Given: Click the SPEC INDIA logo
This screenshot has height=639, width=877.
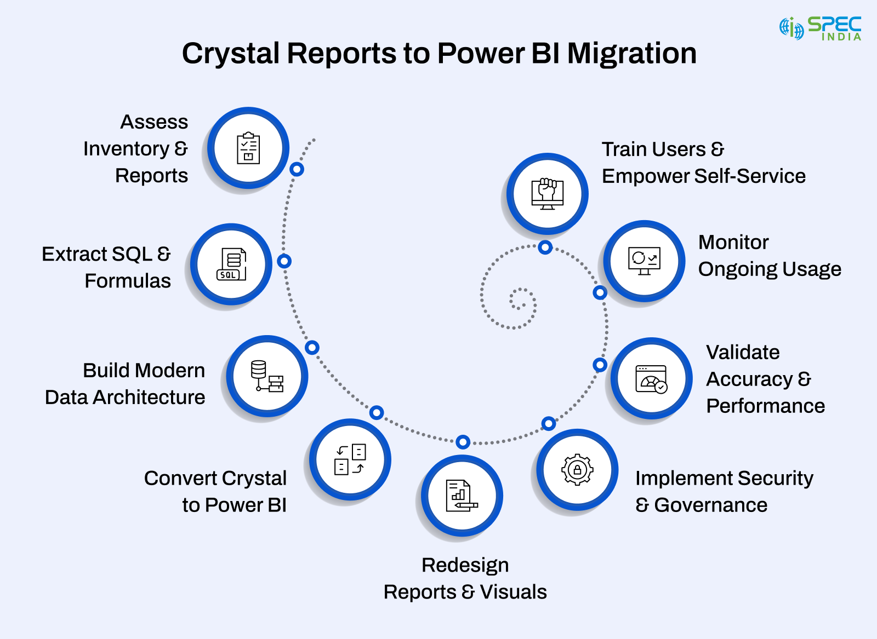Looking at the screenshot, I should (x=821, y=28).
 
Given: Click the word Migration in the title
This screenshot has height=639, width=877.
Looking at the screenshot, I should (x=631, y=54).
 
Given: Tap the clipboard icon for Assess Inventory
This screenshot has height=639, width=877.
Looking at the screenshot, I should (x=248, y=148).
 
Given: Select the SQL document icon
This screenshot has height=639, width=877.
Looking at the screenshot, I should (x=232, y=264).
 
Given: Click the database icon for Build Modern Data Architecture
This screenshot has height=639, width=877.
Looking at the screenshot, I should (x=267, y=376).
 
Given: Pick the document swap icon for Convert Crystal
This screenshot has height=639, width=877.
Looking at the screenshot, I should (x=350, y=459).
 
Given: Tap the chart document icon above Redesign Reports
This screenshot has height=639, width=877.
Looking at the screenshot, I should (x=462, y=496).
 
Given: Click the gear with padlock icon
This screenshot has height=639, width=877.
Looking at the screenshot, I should (x=577, y=470).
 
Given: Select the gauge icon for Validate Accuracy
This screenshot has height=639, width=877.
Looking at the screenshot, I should (x=651, y=379).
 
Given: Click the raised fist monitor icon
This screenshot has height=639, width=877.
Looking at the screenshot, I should (x=547, y=194).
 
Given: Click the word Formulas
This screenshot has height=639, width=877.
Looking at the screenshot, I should (x=128, y=281).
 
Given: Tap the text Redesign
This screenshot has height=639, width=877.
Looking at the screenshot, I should (x=465, y=565).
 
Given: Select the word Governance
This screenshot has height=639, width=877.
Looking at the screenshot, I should (x=710, y=505).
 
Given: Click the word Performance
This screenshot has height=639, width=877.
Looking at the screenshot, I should (x=765, y=406).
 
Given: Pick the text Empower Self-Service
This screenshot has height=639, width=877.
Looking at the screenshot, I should (x=703, y=176).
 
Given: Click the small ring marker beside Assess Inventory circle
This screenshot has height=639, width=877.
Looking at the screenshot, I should (x=297, y=169).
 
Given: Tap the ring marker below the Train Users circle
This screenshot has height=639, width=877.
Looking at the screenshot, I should (x=545, y=247).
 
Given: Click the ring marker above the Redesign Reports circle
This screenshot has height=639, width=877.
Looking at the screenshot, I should (x=463, y=442).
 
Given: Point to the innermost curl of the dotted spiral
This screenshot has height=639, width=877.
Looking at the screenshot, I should (x=518, y=300).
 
